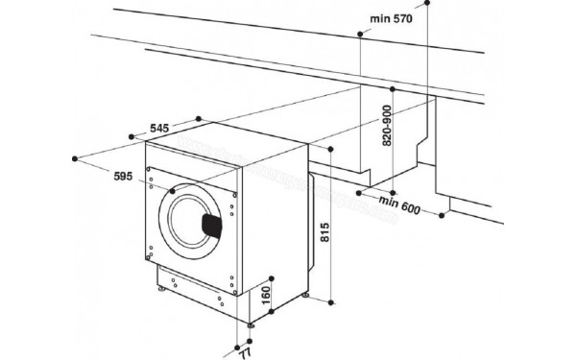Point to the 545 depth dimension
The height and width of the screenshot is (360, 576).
[162, 127]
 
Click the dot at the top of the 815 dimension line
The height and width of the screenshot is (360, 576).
[330, 151]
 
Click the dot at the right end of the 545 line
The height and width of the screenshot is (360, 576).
[198, 119]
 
